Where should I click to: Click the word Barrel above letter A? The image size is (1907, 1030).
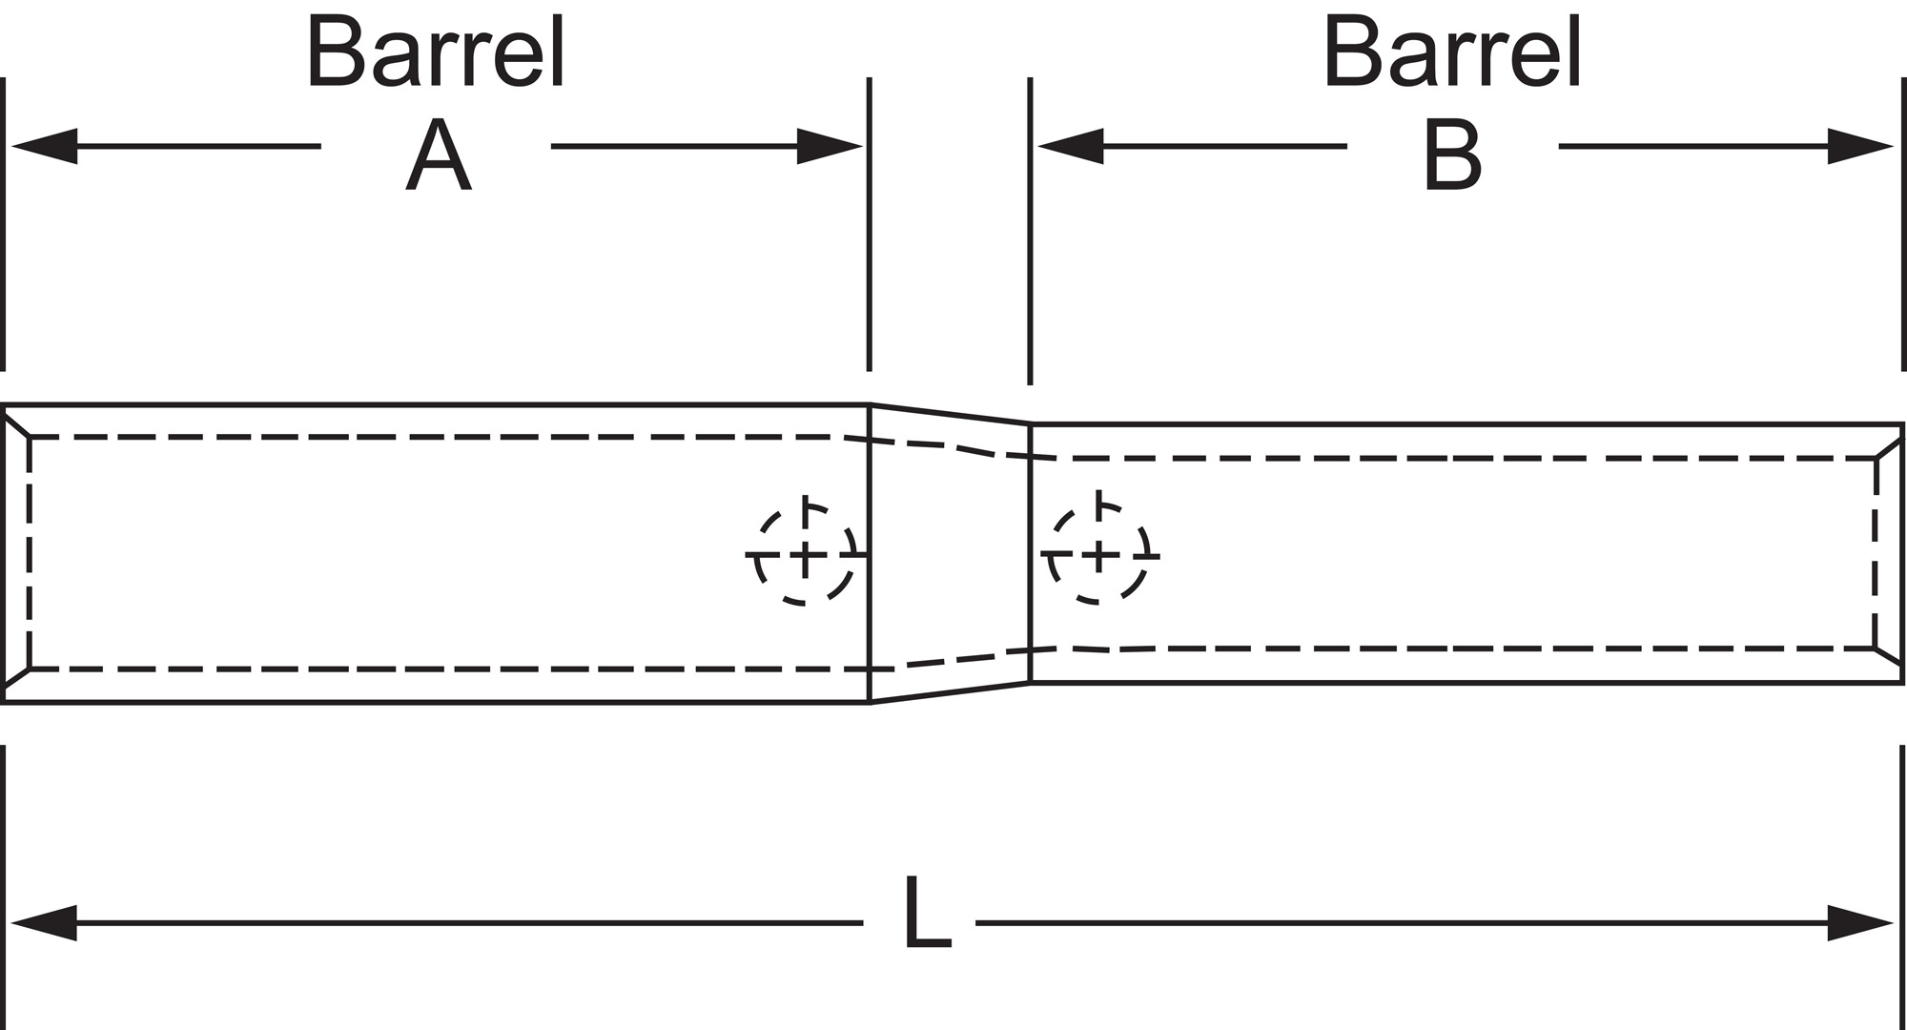click(x=436, y=53)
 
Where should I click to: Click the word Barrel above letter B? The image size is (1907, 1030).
click(x=1452, y=53)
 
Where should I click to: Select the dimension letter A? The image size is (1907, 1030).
click(x=438, y=156)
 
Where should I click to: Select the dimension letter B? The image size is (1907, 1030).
click(x=1451, y=156)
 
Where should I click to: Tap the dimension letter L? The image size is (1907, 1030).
click(x=927, y=913)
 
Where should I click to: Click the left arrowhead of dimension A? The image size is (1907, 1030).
click(x=44, y=146)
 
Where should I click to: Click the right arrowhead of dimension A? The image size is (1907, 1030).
click(x=830, y=146)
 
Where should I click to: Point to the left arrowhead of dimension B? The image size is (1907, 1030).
click(x=1070, y=146)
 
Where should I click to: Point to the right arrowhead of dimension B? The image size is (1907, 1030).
click(x=1859, y=146)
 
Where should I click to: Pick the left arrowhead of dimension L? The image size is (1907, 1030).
click(x=44, y=923)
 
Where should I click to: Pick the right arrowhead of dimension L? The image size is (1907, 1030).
click(x=1859, y=923)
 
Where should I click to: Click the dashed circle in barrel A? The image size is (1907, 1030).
click(x=805, y=554)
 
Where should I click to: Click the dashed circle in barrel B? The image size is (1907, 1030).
click(x=1098, y=554)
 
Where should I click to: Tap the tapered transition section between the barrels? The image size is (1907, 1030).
click(x=950, y=554)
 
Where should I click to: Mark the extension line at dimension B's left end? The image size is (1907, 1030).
click(x=1030, y=229)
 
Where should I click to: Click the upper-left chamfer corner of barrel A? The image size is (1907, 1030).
click(x=16, y=422)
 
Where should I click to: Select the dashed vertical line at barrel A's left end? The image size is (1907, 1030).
click(x=30, y=553)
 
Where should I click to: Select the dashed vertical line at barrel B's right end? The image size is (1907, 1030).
click(x=1876, y=553)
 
